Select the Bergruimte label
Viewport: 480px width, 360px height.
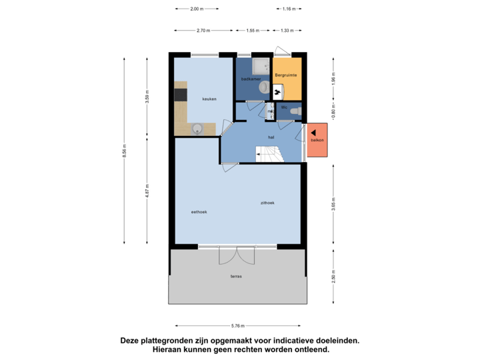tap(287, 75)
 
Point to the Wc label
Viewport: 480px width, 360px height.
tap(284, 107)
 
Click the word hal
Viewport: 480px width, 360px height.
tap(271, 137)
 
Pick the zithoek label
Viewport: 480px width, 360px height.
tap(268, 202)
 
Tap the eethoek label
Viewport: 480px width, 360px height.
tap(199, 211)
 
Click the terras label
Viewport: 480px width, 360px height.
tap(236, 275)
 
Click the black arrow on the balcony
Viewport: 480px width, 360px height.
tap(314, 133)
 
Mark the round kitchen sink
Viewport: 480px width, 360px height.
tap(197, 128)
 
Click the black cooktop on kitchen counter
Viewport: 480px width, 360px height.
tap(180, 94)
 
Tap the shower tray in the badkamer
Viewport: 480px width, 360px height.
tap(260, 66)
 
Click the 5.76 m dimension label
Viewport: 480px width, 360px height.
tap(238, 326)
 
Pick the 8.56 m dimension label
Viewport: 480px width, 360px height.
tap(124, 152)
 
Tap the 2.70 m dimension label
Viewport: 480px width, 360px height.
tap(203, 30)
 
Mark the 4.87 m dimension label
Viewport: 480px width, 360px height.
tap(147, 191)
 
